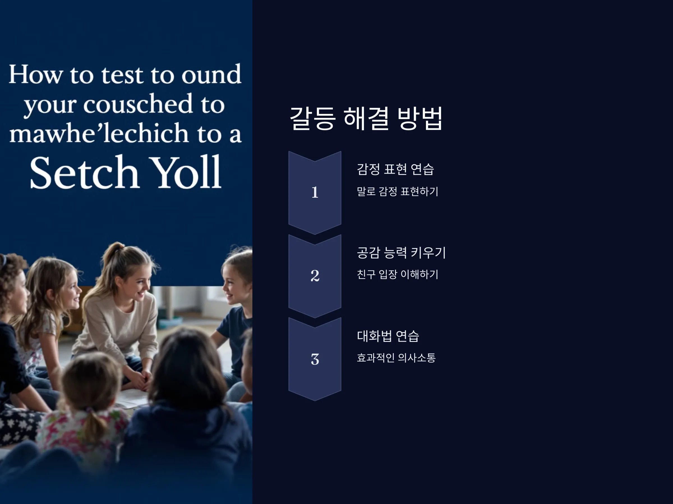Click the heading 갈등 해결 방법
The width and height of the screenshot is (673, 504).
(366, 118)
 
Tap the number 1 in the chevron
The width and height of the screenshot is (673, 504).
(315, 192)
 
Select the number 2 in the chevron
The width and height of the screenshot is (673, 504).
(315, 276)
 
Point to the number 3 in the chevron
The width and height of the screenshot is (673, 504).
(315, 359)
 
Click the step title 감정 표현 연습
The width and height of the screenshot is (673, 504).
(395, 169)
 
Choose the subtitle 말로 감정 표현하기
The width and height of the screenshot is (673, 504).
(397, 192)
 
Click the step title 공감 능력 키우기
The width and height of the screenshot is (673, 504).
(401, 253)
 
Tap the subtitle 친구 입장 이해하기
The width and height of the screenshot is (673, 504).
(397, 274)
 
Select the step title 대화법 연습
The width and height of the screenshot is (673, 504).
(388, 336)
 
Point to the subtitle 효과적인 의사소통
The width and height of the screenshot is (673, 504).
(396, 358)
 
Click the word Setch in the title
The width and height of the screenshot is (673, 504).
(85, 172)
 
